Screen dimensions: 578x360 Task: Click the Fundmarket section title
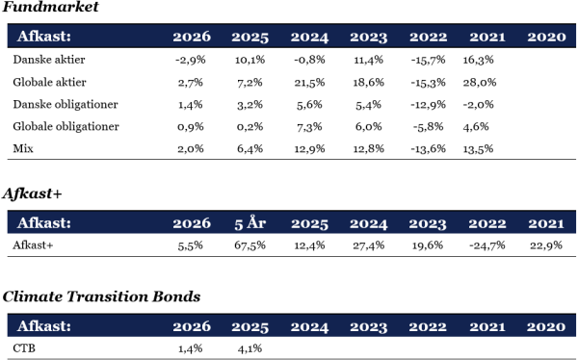(x=51, y=7)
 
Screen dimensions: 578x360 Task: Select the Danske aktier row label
(x=49, y=60)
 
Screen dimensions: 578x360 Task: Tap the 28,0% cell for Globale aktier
(x=480, y=82)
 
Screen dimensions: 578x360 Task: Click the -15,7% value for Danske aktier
(x=428, y=60)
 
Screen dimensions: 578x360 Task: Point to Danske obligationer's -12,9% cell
(x=428, y=105)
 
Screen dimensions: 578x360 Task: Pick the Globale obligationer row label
(x=66, y=127)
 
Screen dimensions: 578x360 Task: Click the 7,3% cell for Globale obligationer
(x=309, y=127)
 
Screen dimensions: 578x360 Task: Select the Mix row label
(x=23, y=148)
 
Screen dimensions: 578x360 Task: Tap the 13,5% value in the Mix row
(x=478, y=149)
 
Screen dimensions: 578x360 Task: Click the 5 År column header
(x=250, y=223)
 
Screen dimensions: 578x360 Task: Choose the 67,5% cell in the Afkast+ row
(x=250, y=245)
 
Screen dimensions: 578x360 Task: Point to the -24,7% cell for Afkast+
(x=486, y=245)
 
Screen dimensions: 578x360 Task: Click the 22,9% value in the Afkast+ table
(x=546, y=245)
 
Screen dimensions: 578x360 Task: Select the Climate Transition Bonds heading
(x=101, y=296)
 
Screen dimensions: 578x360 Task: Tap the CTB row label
(x=24, y=348)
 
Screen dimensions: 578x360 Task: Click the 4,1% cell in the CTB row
(x=250, y=348)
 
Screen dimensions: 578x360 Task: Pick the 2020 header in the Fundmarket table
(x=546, y=37)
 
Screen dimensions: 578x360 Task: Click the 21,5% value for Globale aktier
(x=309, y=82)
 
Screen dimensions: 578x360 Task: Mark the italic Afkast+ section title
(x=32, y=193)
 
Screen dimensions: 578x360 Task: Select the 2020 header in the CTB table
(x=546, y=327)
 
